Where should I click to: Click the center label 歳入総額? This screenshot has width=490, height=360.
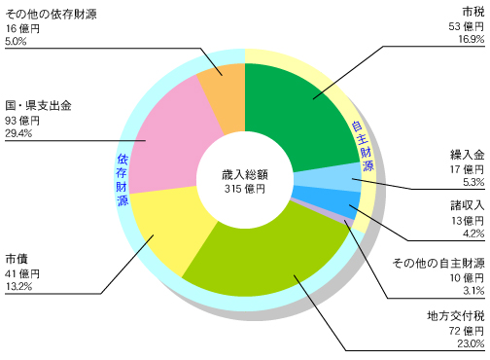(245, 174)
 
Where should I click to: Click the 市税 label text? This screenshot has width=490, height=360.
(472, 11)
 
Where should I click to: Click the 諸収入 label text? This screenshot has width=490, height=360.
(466, 205)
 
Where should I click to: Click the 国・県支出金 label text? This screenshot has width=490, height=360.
(38, 104)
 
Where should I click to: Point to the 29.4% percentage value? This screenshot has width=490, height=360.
(18, 134)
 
